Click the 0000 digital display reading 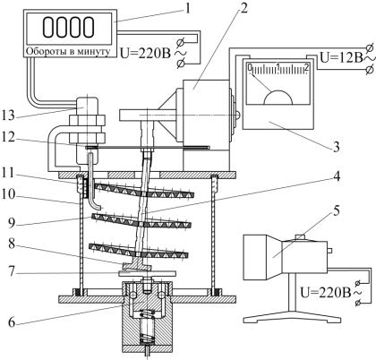click(69, 27)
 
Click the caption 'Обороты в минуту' click(68, 51)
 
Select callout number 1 click(188, 8)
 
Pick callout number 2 click(244, 8)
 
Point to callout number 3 click(337, 147)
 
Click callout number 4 click(337, 176)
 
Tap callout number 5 click(337, 211)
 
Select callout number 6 click(12, 322)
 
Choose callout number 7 click(12, 272)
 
